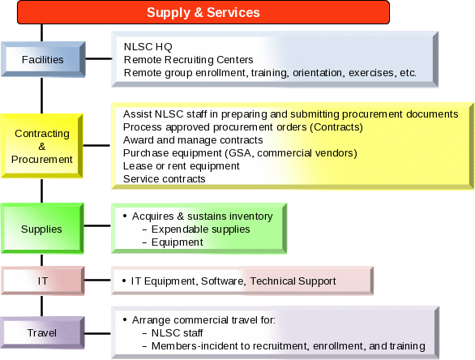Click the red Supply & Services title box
coord(203,12)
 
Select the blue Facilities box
coord(43,59)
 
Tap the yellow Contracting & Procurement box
coord(42,146)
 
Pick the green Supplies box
coord(42,229)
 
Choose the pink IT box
coord(43,281)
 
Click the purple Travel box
coord(42,332)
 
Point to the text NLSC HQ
coord(148,47)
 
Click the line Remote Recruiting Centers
coord(188,60)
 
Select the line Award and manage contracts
coord(193,140)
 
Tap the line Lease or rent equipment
coord(181,166)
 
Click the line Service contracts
coord(165,179)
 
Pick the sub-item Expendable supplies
coord(200,229)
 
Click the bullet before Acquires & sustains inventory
coord(125,216)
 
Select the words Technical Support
coord(293,281)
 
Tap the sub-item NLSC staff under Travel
coord(177,333)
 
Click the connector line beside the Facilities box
coord(99,59)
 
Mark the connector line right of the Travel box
coord(97,333)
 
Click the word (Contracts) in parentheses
coord(336,127)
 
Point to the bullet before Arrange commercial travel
coord(125,319)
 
